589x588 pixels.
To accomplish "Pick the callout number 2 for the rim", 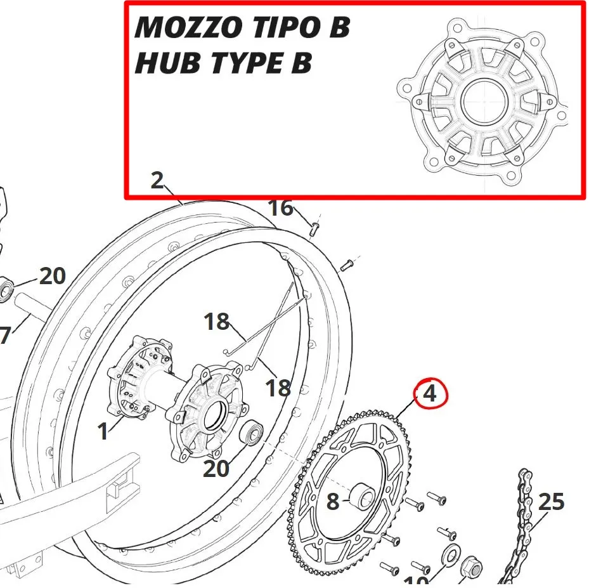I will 158,181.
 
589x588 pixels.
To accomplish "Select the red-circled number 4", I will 430,394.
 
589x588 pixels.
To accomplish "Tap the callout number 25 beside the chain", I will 551,502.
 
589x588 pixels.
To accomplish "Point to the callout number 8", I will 333,502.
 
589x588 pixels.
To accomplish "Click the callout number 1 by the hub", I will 103,432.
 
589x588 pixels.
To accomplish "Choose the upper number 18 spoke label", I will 216,322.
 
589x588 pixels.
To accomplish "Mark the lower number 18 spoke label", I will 277,388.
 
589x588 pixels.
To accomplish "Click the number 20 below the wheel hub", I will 216,469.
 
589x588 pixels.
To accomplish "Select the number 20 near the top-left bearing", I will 53,277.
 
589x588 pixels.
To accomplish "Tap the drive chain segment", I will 523,526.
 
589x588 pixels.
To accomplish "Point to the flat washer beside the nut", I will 450,552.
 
